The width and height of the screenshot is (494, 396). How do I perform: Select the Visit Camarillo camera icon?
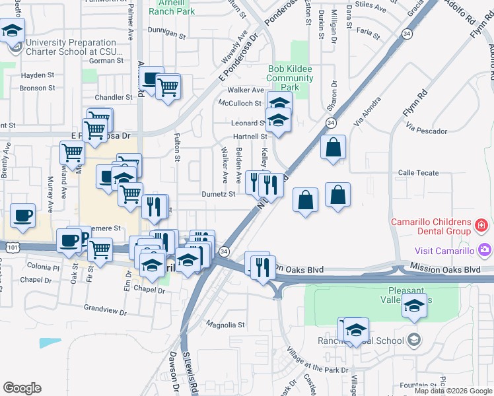click(485, 250)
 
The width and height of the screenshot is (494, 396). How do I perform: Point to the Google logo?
click(22, 388)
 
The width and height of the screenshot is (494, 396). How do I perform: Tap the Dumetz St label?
click(218, 195)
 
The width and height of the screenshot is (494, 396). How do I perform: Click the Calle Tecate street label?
click(418, 173)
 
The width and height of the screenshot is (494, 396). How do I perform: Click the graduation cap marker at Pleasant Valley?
click(414, 305)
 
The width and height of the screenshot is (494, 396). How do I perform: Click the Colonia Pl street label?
click(44, 267)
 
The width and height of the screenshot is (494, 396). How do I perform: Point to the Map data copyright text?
click(453, 391)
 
